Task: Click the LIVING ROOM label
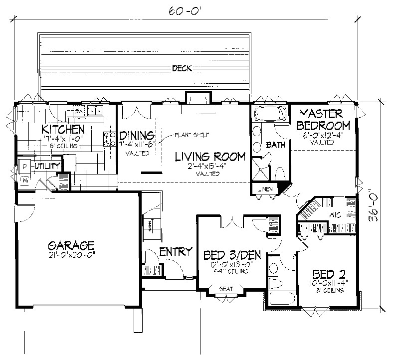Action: point(210,157)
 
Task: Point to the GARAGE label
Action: point(71,245)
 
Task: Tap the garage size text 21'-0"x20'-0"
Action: point(71,256)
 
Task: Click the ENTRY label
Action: point(176,252)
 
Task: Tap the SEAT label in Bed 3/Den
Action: point(226,288)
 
